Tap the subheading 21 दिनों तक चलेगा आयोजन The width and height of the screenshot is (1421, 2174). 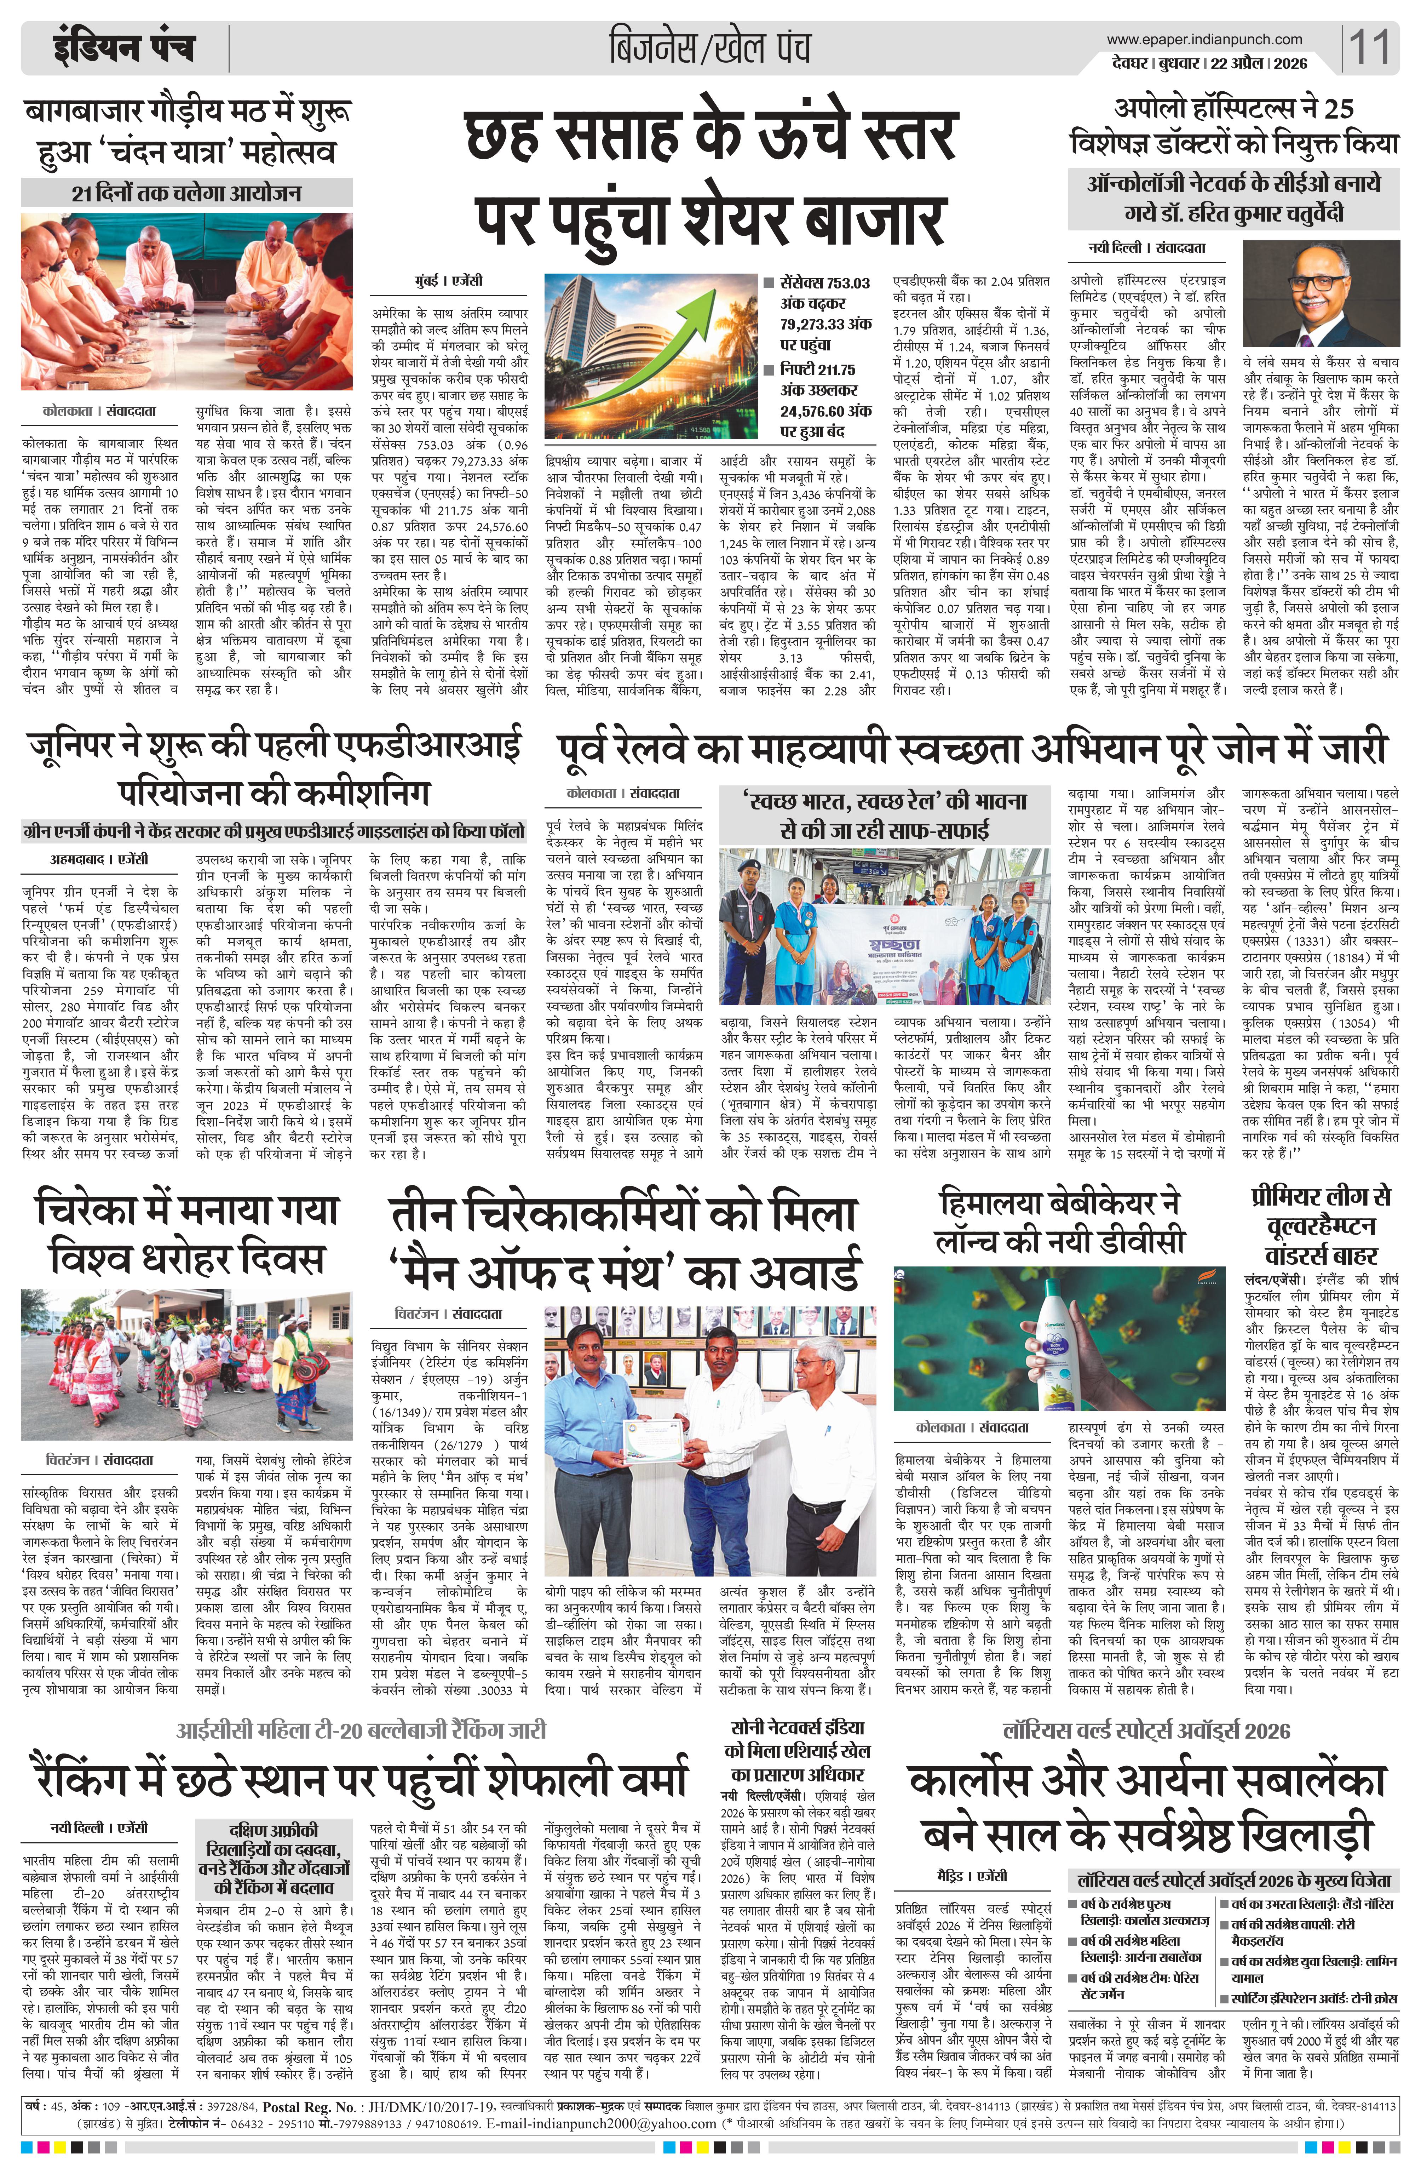187,194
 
